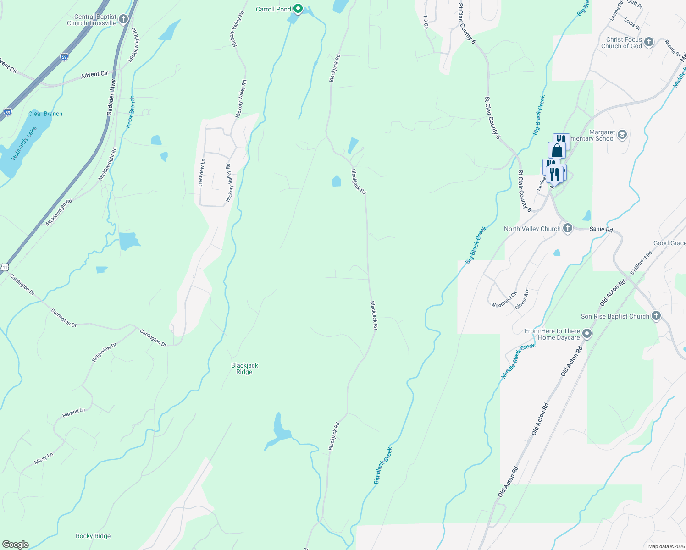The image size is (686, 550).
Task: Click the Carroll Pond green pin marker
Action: [x=298, y=8]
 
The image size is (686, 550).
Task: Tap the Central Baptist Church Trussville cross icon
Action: [x=123, y=19]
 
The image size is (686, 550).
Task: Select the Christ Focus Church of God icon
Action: [x=648, y=42]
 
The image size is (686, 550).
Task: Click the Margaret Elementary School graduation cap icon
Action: [x=622, y=135]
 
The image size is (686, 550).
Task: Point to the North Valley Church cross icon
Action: [x=568, y=228]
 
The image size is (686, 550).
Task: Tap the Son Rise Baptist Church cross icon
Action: [x=656, y=316]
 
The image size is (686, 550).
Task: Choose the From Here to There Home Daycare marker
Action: [x=586, y=334]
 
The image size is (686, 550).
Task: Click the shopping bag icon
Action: [x=557, y=150]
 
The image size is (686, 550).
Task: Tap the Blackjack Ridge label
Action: [x=244, y=368]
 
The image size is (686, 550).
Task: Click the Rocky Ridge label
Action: [x=93, y=536]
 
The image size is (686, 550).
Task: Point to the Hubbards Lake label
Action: [x=24, y=143]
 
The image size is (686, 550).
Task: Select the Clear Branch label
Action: [x=45, y=114]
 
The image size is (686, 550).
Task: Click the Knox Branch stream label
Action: [x=131, y=112]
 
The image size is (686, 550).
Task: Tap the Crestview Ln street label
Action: [x=201, y=173]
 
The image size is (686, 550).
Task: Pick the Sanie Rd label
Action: [x=601, y=229]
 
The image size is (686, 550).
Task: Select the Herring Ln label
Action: [x=74, y=413]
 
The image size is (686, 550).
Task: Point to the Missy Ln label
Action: [x=44, y=458]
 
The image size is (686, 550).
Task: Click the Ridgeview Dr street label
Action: [x=105, y=352]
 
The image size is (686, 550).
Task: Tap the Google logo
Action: [x=15, y=544]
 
